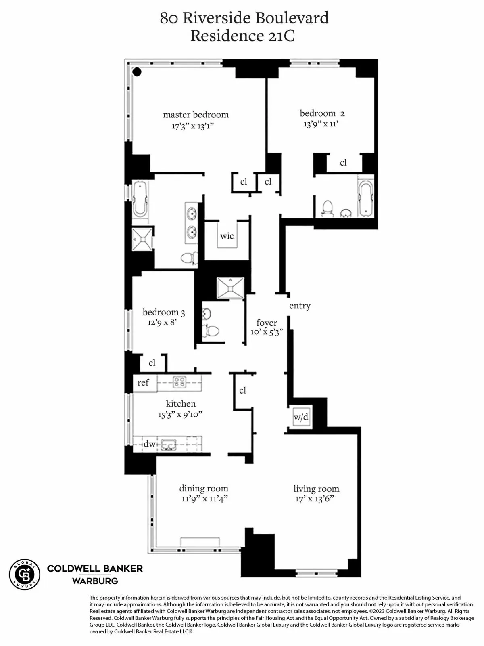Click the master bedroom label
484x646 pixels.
click(196, 115)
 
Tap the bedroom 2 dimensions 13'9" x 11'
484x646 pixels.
click(321, 124)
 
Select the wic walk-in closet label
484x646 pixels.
click(227, 236)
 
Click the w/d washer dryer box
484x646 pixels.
click(301, 417)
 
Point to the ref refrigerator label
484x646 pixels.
click(143, 382)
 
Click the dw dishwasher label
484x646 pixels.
click(150, 444)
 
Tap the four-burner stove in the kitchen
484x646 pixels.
click(179, 382)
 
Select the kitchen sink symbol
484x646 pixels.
click(169, 445)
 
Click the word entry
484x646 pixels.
click(300, 306)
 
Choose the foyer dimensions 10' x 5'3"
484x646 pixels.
click(266, 332)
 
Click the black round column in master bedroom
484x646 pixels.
click(137, 72)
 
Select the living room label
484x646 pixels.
click(316, 489)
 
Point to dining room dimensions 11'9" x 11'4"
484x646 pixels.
click(204, 499)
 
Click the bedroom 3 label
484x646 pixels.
click(164, 312)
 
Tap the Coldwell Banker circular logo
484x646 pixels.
click(25, 575)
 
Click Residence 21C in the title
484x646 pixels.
click(242, 36)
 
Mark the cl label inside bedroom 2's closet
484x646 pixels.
click(343, 163)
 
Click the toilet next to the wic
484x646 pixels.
click(188, 257)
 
